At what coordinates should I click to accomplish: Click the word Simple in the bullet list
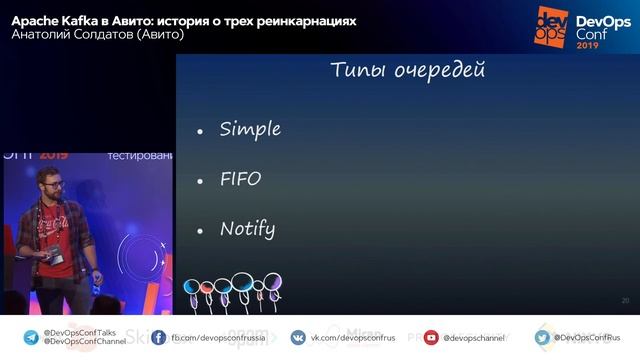pyautogui.click(x=250, y=129)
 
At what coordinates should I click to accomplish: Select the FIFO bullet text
pyautogui.click(x=240, y=179)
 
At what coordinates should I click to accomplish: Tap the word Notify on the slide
pyautogui.click(x=247, y=228)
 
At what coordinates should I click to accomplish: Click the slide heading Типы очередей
pyautogui.click(x=408, y=70)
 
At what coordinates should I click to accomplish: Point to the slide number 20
pyautogui.click(x=625, y=300)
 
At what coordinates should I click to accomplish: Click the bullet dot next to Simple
pyautogui.click(x=200, y=131)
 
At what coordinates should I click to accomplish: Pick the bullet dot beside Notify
pyautogui.click(x=200, y=231)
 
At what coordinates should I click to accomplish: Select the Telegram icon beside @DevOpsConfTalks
pyautogui.click(x=31, y=337)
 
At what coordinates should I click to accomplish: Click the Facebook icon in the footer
pyautogui.click(x=159, y=337)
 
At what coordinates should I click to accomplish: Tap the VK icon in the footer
pyautogui.click(x=298, y=337)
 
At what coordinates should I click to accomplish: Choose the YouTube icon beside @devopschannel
pyautogui.click(x=431, y=337)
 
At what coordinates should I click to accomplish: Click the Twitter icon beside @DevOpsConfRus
pyautogui.click(x=543, y=337)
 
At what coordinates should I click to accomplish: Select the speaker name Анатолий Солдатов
pyautogui.click(x=72, y=35)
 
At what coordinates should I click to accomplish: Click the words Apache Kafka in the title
pyautogui.click(x=50, y=20)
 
